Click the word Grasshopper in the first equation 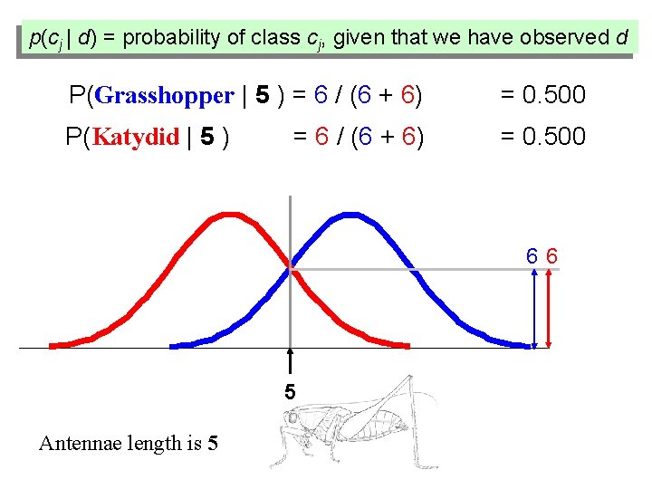click(x=164, y=95)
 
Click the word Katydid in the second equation click(x=136, y=138)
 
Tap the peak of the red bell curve click(x=232, y=215)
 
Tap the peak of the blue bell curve click(x=349, y=215)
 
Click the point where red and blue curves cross click(x=291, y=267)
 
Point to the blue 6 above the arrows click(x=533, y=256)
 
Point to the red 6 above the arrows click(x=551, y=256)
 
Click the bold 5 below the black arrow click(x=290, y=393)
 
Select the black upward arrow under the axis click(x=290, y=362)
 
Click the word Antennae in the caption click(x=76, y=443)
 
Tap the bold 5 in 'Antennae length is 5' click(x=212, y=443)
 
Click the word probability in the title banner click(x=171, y=38)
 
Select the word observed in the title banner click(x=568, y=38)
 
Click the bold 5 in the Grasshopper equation click(x=262, y=95)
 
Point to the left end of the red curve click(x=53, y=345)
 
